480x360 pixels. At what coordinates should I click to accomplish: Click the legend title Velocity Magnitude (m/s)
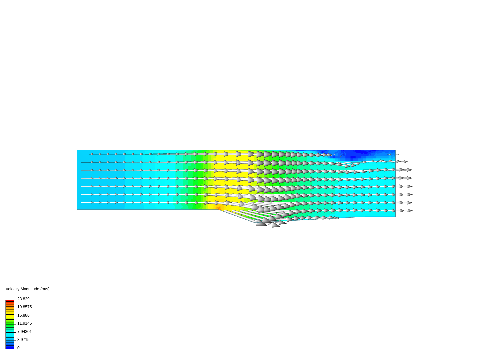tap(28, 289)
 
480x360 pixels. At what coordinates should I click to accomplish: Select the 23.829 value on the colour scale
tap(23, 299)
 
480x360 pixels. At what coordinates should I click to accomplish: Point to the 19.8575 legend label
tap(24, 307)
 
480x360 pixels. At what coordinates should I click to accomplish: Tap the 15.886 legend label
tap(23, 315)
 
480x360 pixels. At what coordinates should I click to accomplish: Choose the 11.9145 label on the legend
tap(24, 323)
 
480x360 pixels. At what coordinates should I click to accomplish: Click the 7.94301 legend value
tap(24, 332)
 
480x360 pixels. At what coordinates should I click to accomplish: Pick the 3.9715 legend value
tap(23, 339)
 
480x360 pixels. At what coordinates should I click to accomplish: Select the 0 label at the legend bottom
tap(18, 348)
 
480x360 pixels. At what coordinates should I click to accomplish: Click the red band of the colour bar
tap(10, 301)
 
